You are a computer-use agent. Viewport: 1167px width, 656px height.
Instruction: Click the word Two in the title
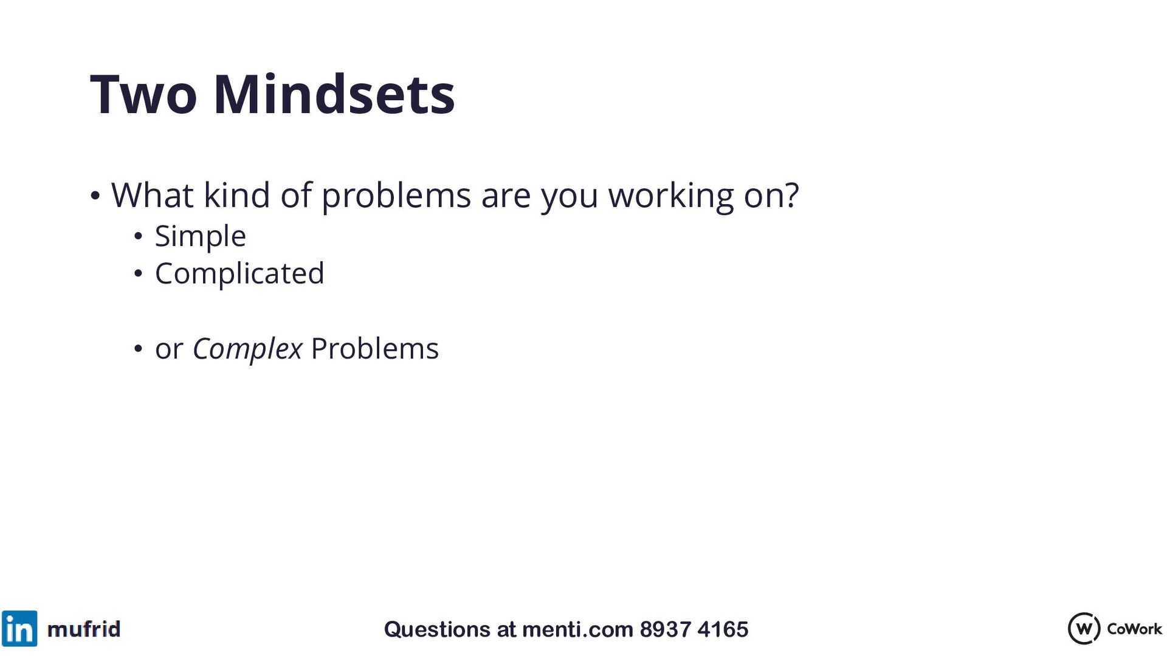click(143, 95)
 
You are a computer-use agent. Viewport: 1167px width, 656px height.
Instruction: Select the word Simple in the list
click(200, 237)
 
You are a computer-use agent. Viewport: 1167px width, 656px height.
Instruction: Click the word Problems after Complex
click(374, 349)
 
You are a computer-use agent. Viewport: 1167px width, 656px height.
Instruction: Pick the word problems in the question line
click(396, 197)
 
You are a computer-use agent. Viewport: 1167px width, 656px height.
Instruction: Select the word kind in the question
click(237, 196)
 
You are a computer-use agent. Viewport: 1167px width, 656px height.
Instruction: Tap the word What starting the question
click(153, 196)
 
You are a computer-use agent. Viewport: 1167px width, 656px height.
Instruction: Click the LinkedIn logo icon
click(19, 629)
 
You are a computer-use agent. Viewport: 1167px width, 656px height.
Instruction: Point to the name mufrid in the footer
click(84, 629)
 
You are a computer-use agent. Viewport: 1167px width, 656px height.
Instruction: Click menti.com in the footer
click(577, 630)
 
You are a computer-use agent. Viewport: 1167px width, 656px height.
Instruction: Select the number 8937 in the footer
click(666, 630)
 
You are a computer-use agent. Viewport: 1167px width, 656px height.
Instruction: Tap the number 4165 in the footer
click(723, 630)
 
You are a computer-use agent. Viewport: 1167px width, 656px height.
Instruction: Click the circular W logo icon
click(1084, 629)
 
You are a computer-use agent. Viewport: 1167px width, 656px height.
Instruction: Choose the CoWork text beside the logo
click(1134, 629)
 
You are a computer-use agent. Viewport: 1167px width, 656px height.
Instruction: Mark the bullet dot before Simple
click(138, 236)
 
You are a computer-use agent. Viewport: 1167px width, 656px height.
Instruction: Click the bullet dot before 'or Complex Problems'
click(138, 349)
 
